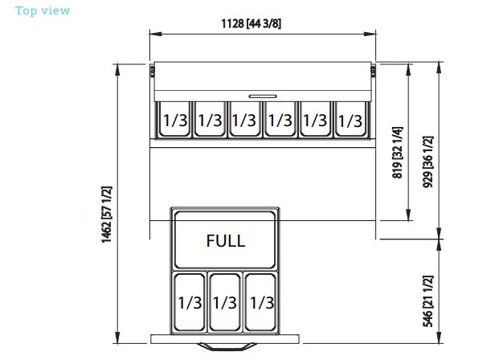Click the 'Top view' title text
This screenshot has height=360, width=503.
pyautogui.click(x=43, y=10)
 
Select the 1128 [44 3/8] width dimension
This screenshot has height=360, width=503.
pyautogui.click(x=251, y=23)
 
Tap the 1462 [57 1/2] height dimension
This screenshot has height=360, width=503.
pyautogui.click(x=107, y=215)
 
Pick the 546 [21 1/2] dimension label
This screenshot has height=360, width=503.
pyautogui.click(x=427, y=301)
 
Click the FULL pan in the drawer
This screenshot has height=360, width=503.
pyautogui.click(x=225, y=240)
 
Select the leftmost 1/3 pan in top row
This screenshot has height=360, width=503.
pyautogui.click(x=175, y=121)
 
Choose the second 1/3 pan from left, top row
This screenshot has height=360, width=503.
pyautogui.click(x=210, y=121)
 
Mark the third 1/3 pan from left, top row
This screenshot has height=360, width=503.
pyautogui.click(x=243, y=121)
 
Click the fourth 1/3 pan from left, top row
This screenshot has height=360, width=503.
pyautogui.click(x=280, y=121)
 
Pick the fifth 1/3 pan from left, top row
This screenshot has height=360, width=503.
pyautogui.click(x=315, y=121)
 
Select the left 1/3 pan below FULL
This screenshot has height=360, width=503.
pyautogui.click(x=190, y=302)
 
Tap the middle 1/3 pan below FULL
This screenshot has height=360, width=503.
pyautogui.click(x=225, y=302)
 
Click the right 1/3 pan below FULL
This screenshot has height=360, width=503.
pyautogui.click(x=260, y=302)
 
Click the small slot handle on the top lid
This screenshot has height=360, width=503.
pyautogui.click(x=262, y=96)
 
